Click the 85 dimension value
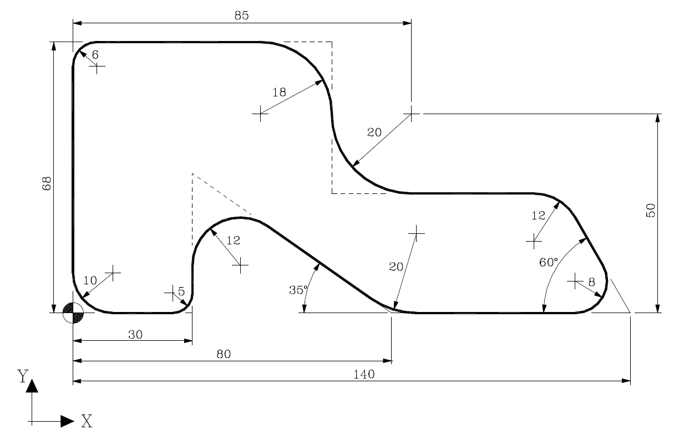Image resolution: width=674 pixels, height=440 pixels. coord(241,15)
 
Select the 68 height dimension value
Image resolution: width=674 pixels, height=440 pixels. coord(46,183)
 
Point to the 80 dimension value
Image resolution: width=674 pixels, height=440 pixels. coord(223,354)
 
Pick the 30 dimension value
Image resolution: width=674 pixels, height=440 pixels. coord(135,334)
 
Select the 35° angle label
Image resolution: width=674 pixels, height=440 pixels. coord(298,290)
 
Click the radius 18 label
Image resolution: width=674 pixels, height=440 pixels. coord(279,93)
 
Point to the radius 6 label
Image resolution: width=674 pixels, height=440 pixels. coord(95,55)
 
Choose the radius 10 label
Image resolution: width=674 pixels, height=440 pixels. coord(90,280)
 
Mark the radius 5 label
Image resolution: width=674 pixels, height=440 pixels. coord(181,291)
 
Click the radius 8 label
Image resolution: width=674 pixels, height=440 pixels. coord(591,283)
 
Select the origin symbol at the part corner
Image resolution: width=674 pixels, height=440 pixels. coord(73,313)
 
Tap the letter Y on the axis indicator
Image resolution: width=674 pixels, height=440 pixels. coord(23,376)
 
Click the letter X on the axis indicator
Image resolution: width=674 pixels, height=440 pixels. coord(87,422)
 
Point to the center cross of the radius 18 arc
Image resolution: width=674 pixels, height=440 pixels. coord(260,114)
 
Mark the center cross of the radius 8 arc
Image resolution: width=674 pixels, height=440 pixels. coord(575,281)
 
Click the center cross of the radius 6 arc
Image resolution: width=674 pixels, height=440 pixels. coord(97,68)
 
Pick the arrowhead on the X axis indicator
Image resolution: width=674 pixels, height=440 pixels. coord(67,421)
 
